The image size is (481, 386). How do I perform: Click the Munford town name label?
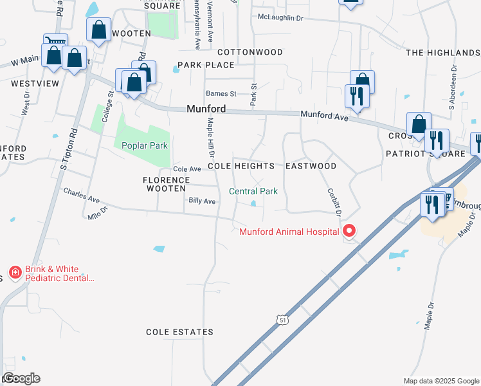pyautogui.click(x=206, y=109)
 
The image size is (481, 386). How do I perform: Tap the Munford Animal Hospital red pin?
pyautogui.click(x=349, y=230)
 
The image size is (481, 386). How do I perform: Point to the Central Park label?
pyautogui.click(x=253, y=191)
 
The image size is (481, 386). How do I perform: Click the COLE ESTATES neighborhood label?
pyautogui.click(x=179, y=332)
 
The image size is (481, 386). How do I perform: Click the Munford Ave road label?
pyautogui.click(x=325, y=117)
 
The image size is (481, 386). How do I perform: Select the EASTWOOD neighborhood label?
pyautogui.click(x=311, y=166)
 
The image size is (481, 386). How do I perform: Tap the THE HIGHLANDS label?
pyautogui.click(x=442, y=52)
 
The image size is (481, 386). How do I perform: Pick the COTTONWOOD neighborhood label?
pyautogui.click(x=250, y=51)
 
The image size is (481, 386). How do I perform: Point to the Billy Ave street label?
pyautogui.click(x=202, y=201)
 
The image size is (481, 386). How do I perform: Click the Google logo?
pyautogui.click(x=21, y=378)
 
